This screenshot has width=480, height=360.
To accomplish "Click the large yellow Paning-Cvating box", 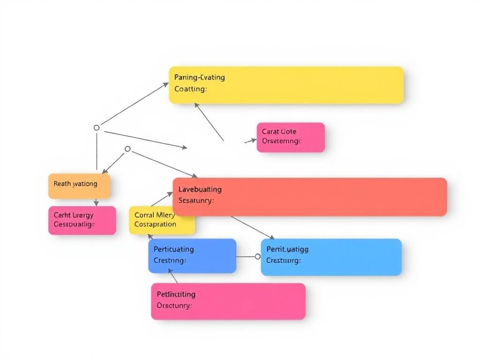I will (x=286, y=85).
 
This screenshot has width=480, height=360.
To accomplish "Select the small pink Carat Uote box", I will (x=291, y=137).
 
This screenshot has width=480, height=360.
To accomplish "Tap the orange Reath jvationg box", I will (x=79, y=186).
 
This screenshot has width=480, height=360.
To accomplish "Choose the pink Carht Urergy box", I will (x=82, y=220).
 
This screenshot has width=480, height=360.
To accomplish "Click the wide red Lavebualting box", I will (x=309, y=197).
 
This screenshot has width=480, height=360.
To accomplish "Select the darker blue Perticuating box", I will (x=192, y=256).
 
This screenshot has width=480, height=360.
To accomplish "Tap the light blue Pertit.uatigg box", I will (x=331, y=257).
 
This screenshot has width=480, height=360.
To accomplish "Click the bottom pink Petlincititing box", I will (x=228, y=301).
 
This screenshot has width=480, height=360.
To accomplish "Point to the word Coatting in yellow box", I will (x=190, y=89).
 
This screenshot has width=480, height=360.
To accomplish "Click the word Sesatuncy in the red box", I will (x=196, y=201).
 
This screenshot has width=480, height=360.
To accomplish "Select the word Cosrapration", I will (x=155, y=224).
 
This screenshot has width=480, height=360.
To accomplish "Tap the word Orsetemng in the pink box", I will (x=281, y=141).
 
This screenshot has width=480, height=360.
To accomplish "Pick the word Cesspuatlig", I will (x=74, y=225).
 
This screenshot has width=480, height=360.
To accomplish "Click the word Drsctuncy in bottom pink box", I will (x=174, y=306).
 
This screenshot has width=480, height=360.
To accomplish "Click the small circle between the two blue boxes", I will (x=257, y=256).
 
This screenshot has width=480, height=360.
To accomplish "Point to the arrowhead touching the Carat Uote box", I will (x=254, y=139).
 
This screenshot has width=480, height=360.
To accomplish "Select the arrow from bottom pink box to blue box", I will (x=173, y=276).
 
